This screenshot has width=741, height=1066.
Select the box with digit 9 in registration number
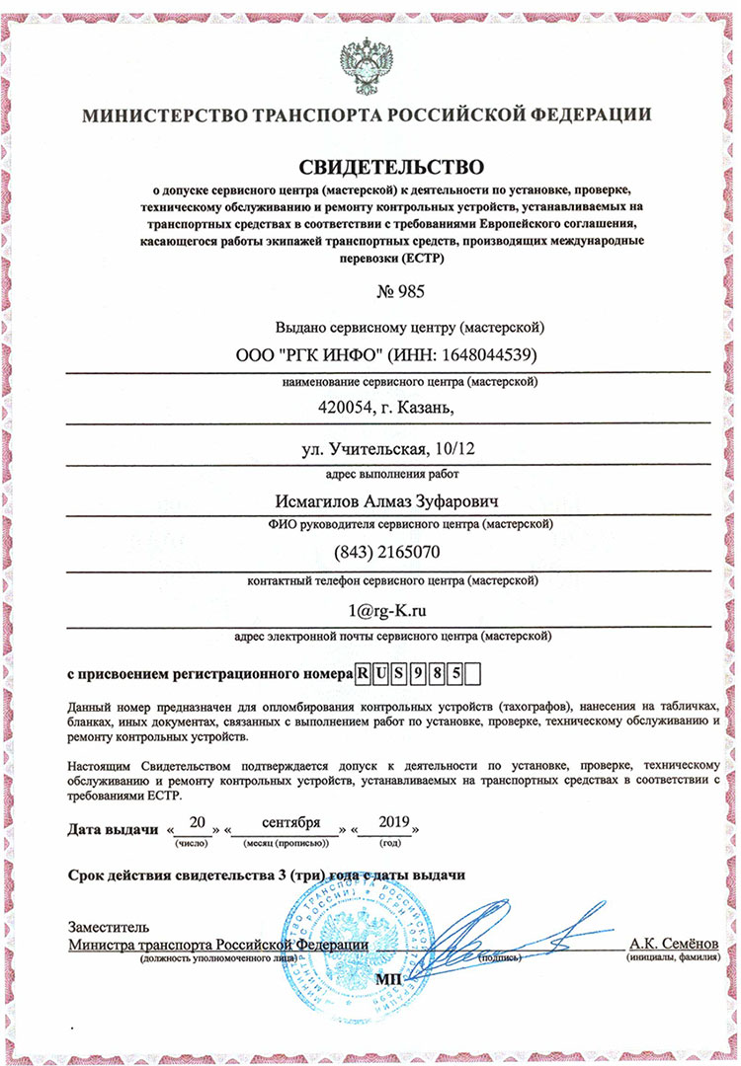tap(418, 675)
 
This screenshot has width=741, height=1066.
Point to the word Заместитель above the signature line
tap(109, 927)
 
